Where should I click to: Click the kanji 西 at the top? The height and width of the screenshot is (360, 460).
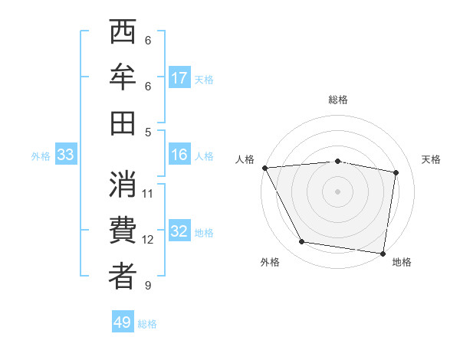coord(123,34)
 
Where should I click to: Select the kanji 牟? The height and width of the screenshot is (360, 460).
coord(123,78)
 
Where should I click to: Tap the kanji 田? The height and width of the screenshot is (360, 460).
coord(123,123)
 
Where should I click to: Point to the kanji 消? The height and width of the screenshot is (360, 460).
coord(123,186)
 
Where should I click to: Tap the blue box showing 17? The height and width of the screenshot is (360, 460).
coord(179,78)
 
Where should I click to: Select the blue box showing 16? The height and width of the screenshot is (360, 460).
coord(179,155)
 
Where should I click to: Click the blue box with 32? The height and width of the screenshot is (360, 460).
coord(179,231)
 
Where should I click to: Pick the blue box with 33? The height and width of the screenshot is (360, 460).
coord(66,155)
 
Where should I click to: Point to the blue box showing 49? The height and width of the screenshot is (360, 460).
coord(123,322)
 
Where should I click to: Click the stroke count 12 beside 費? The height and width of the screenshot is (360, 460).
coord(148,240)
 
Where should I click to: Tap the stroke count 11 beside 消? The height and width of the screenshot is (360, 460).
coord(148,193)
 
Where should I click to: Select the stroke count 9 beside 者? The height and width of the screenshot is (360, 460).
coord(148,286)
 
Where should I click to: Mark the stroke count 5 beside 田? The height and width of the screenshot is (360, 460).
coord(148,132)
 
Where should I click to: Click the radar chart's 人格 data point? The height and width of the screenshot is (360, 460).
coord(264,168)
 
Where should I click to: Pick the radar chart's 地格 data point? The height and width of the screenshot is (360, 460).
coord(382,252)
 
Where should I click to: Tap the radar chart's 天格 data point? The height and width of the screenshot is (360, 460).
coord(396,173)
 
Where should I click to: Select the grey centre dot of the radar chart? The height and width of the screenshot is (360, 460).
coord(337,191)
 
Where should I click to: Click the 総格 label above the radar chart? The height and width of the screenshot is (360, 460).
coord(337,100)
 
